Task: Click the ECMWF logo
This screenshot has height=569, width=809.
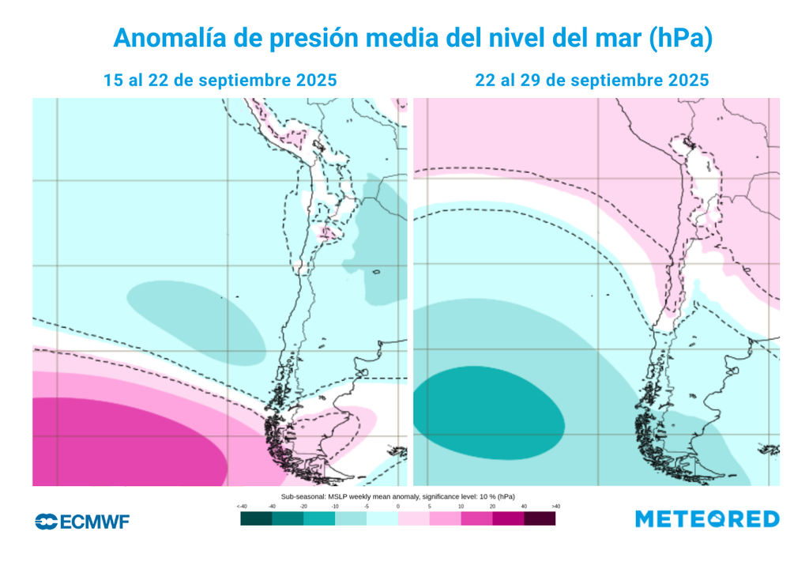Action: tap(82, 521)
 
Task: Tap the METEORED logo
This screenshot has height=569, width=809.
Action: tap(707, 519)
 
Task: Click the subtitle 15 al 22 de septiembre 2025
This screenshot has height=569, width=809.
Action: tap(220, 81)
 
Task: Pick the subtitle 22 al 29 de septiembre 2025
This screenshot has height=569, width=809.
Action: tap(592, 81)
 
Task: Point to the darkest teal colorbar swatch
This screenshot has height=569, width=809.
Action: tap(256, 519)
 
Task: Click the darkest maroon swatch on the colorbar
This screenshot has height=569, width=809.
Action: tap(540, 519)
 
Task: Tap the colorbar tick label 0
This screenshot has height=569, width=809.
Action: tap(397, 506)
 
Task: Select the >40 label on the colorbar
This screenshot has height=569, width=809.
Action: tap(555, 506)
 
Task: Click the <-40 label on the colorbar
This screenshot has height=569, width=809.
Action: tap(242, 506)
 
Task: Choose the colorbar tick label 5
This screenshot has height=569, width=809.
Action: tap(429, 506)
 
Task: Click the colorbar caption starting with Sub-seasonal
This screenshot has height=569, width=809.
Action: tap(397, 496)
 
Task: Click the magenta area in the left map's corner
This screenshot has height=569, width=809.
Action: tap(119, 443)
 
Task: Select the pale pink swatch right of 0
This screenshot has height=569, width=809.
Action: tap(413, 519)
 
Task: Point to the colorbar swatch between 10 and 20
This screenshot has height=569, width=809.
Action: tap(476, 519)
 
